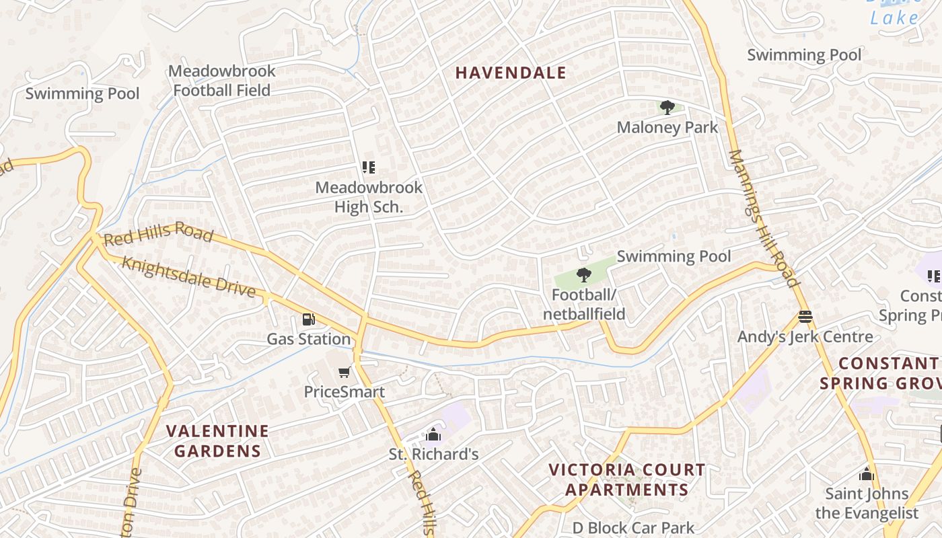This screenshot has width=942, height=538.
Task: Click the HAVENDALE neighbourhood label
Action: click(511, 73)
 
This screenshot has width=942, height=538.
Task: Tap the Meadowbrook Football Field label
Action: click(222, 81)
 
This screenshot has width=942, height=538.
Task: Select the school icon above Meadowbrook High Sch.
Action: click(368, 167)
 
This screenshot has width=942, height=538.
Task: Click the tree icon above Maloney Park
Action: click(667, 108)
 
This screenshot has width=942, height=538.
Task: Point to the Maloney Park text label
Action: click(667, 127)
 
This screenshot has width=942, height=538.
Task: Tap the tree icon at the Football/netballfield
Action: click(583, 274)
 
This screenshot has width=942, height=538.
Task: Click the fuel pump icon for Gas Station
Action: click(308, 319)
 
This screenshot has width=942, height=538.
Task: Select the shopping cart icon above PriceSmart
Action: click(344, 372)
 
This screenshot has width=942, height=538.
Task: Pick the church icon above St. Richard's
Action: click(433, 434)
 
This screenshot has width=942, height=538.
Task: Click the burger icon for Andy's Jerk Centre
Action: click(805, 316)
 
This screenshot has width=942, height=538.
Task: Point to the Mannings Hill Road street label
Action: click(764, 218)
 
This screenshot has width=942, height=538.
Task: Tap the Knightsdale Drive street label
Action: click(188, 276)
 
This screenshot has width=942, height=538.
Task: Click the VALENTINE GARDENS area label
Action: click(217, 440)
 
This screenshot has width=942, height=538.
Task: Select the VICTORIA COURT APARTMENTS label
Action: click(627, 479)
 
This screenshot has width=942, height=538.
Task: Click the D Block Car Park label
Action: click(633, 528)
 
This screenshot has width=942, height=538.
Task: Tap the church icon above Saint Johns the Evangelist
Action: click(866, 474)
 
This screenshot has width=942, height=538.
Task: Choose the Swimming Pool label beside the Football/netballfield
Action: click(674, 256)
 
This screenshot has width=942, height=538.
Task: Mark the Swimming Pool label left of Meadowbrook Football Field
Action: click(82, 93)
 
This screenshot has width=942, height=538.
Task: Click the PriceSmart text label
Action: click(344, 392)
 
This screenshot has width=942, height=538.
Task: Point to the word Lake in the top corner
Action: click(894, 18)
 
